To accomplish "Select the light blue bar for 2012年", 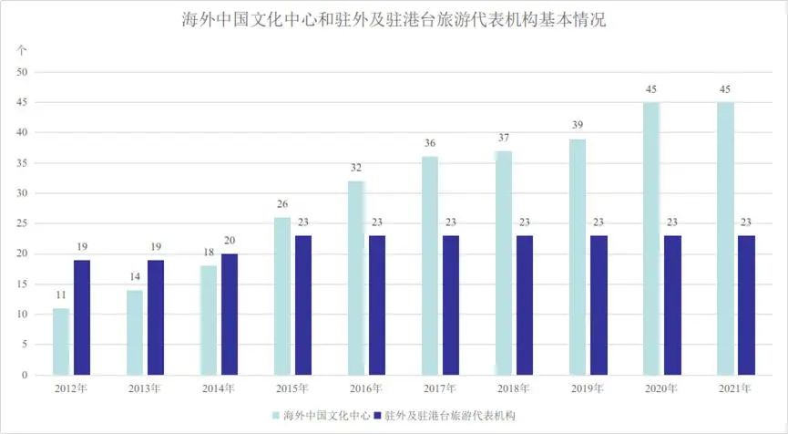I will (x=61, y=342).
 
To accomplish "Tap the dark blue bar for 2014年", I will (x=230, y=315).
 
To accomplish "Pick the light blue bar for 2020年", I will (x=650, y=239).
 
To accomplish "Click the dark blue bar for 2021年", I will (x=746, y=305).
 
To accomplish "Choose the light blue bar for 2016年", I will (x=355, y=278).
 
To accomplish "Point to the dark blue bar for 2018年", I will (x=525, y=305).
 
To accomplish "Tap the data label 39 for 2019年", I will (x=577, y=126).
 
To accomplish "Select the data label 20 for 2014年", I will (x=230, y=242).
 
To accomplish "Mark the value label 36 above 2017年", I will (x=429, y=144).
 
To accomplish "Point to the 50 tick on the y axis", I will (x=24, y=72).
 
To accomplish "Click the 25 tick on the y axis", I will (x=24, y=223).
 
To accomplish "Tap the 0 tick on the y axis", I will (x=26, y=375).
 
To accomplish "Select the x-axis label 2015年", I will (x=292, y=389).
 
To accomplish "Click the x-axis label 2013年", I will (x=145, y=389).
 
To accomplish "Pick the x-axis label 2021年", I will (x=734, y=389).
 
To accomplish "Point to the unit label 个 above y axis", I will (x=23, y=49).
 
